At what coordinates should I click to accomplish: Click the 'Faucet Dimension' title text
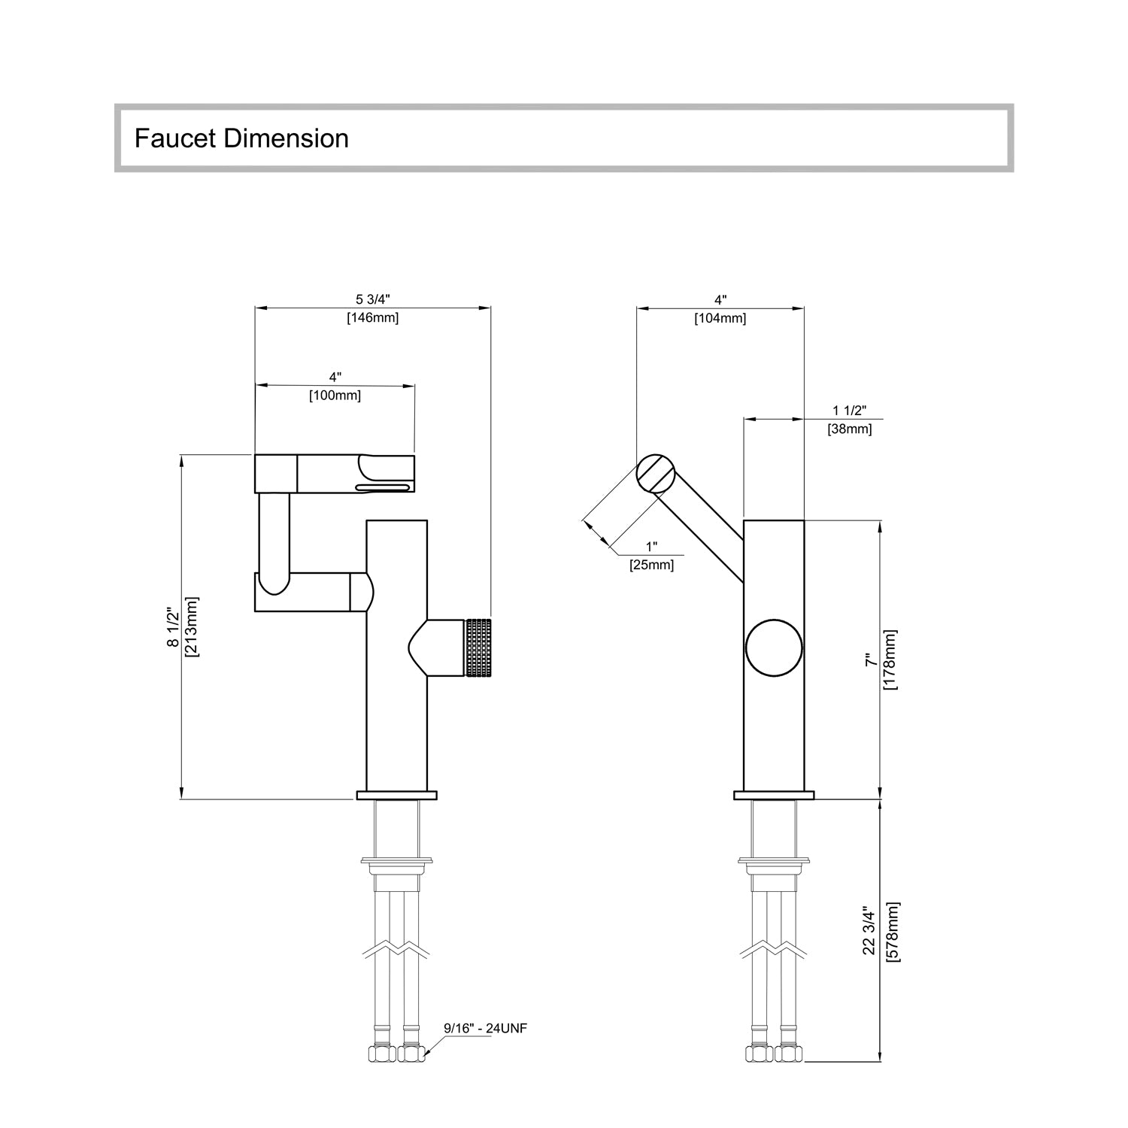click(241, 138)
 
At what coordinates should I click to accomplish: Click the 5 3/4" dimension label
click(372, 300)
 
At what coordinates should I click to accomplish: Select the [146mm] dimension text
click(372, 317)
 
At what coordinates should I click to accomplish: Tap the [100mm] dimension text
click(335, 396)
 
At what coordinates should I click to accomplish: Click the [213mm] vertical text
click(192, 627)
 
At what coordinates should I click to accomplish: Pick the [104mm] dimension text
click(720, 318)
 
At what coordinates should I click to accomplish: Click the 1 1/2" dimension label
click(850, 411)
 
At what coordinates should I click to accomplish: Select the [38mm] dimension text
click(850, 429)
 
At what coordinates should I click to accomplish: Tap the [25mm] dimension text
click(651, 565)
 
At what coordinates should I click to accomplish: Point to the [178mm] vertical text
click(890, 660)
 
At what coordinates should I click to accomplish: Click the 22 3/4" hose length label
click(870, 930)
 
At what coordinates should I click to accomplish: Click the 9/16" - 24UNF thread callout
click(485, 1028)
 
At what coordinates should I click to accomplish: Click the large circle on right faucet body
click(774, 648)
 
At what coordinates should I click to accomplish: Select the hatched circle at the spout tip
click(654, 474)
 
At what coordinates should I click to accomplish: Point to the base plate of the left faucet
click(396, 795)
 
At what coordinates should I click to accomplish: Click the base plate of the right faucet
click(774, 795)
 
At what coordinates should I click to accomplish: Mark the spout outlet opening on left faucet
click(384, 487)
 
